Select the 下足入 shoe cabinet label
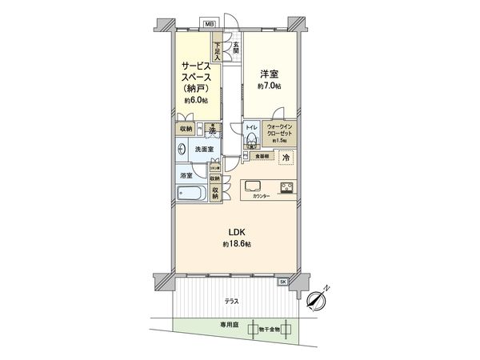tap(218, 50)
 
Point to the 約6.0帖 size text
tap(194, 101)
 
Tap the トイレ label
tap(250, 126)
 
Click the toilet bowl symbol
tap(250, 140)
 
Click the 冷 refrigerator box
tap(284, 158)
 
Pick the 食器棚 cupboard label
tap(259, 155)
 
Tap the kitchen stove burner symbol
tap(286, 188)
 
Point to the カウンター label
tap(261, 196)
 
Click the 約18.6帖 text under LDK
tap(238, 243)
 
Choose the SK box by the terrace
tap(282, 282)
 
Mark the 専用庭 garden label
tap(230, 326)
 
